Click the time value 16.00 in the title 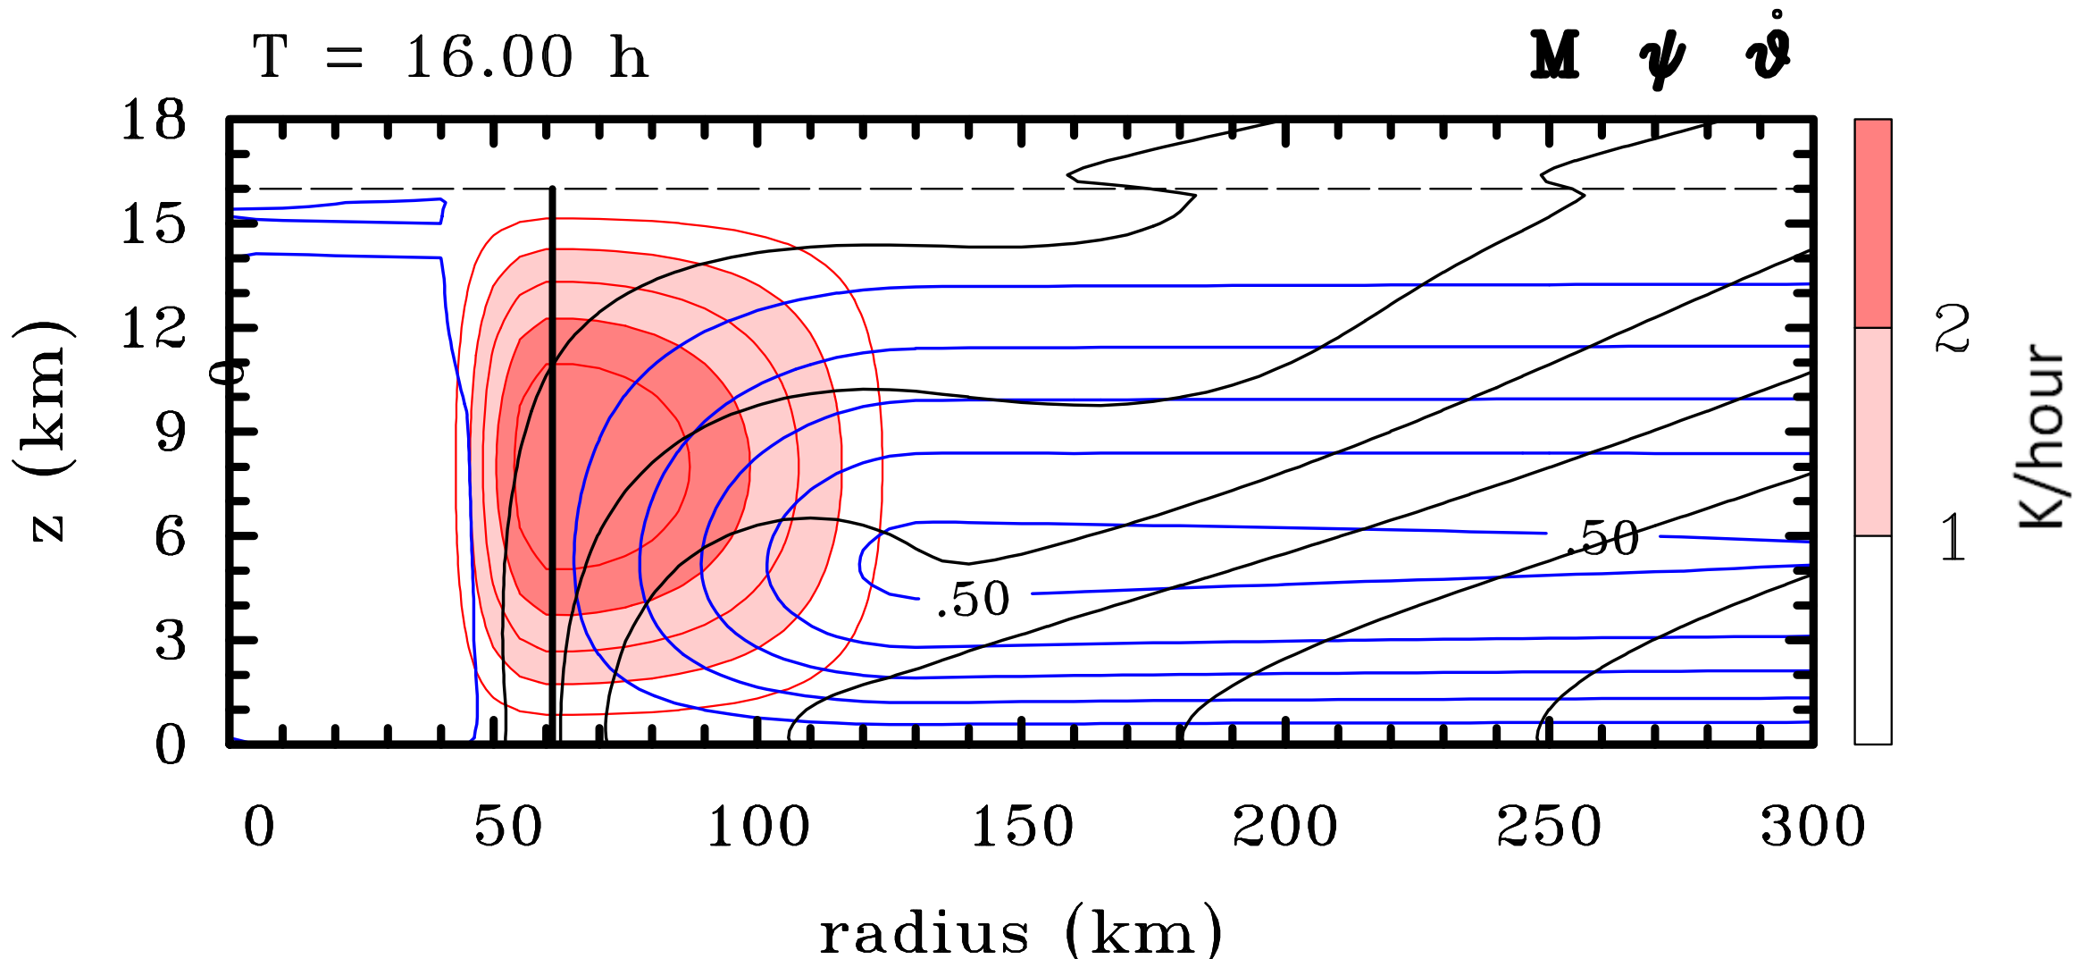(x=489, y=58)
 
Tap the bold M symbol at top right (x=1555, y=55)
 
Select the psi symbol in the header (x=1661, y=59)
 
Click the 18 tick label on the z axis (x=154, y=120)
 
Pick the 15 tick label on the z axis (x=154, y=223)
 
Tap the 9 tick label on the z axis (x=170, y=433)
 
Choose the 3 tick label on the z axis (x=170, y=641)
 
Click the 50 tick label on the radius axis (x=507, y=826)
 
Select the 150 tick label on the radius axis (x=1022, y=826)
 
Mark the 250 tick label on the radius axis (x=1549, y=826)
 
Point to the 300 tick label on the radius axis (x=1813, y=826)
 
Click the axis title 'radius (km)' (x=1020, y=931)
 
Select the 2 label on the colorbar (x=1953, y=328)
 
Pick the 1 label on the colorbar (x=1953, y=537)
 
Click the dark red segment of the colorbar (x=1872, y=223)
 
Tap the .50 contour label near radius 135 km (x=973, y=599)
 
